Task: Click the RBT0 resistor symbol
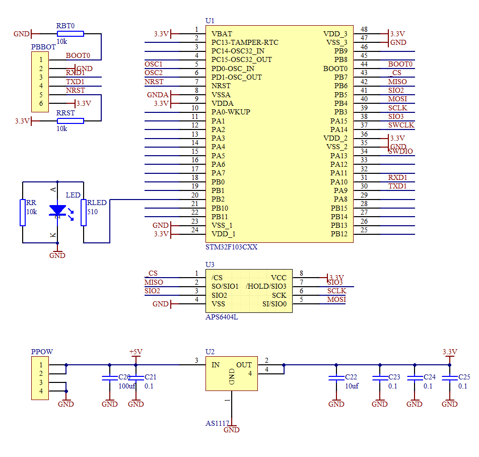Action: point(70,34)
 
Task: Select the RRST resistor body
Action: point(70,121)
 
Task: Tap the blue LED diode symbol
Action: point(57,210)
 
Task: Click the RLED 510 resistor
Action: point(84,212)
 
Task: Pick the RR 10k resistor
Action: point(22,212)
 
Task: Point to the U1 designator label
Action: point(210,21)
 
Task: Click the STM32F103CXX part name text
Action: point(231,247)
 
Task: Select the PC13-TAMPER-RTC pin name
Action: point(245,42)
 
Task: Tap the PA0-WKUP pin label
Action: point(231,112)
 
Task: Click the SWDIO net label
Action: point(400,151)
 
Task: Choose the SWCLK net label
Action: point(401,125)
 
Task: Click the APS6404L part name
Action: point(222,317)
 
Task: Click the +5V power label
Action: point(136,352)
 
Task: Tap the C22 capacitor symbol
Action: point(336,378)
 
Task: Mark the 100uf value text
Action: point(127,386)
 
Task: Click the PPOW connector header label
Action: point(42,352)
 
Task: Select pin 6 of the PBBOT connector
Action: point(40,103)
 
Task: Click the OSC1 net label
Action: point(154,64)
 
